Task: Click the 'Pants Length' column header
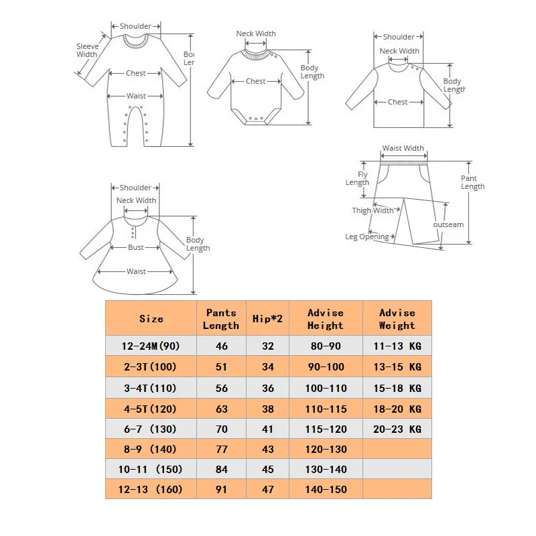click(222, 319)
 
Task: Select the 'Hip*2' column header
click(268, 319)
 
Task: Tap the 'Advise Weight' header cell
click(397, 319)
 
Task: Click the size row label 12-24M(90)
click(151, 346)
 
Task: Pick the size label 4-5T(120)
click(151, 409)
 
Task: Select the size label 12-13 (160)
click(151, 489)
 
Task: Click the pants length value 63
click(222, 409)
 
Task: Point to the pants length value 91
click(222, 489)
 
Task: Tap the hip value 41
click(268, 429)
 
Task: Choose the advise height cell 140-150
click(326, 489)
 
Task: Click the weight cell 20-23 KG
click(397, 429)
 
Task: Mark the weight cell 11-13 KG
click(397, 346)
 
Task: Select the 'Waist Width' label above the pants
click(403, 148)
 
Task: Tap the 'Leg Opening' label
click(366, 237)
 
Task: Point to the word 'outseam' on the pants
click(448, 224)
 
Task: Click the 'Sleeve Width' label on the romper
click(86, 50)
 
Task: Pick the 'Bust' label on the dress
click(136, 247)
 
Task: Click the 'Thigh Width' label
click(373, 210)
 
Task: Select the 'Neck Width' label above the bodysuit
click(256, 33)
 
